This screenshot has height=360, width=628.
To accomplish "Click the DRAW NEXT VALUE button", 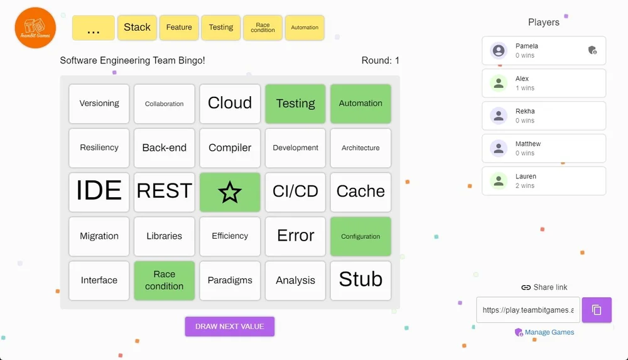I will pos(229,327).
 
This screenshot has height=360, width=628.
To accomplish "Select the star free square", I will pos(230,192).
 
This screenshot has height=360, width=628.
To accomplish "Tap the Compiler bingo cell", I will pos(230,148).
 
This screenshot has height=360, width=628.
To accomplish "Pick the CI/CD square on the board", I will pos(295,192).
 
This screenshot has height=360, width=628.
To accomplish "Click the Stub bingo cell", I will pos(360,280).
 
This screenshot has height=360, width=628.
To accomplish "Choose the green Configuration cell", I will pos(360,236).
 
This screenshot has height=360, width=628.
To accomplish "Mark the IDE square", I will pos(99,192).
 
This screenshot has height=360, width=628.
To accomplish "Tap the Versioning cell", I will pos(99,104).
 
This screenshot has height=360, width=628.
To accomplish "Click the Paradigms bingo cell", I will pos(230,280).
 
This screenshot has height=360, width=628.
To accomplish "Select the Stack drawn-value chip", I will pos(137,28).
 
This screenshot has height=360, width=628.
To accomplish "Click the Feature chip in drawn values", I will pos(179,28).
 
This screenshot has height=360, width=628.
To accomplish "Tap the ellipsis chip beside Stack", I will pos(94,28).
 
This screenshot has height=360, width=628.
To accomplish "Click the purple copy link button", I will pos(597,310).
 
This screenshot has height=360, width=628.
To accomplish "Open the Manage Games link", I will pos(549,332).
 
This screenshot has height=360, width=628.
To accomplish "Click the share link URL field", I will pos(528,310).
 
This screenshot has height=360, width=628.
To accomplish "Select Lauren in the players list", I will pos(543,181).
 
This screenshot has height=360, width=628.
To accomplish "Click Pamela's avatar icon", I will pos(499,50).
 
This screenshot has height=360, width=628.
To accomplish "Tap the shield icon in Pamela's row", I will pos(592,50).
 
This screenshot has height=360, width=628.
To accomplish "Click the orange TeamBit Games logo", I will pos(35,28).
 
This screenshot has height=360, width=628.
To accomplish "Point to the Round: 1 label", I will pos(380,61).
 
